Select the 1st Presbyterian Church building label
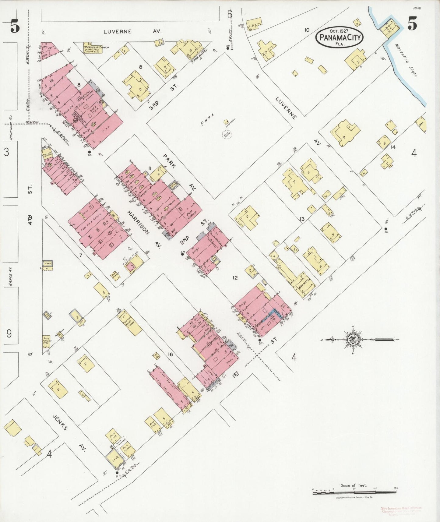click(92, 48)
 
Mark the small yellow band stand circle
click(226, 122)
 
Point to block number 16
click(170, 354)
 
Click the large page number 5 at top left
click(15, 27)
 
